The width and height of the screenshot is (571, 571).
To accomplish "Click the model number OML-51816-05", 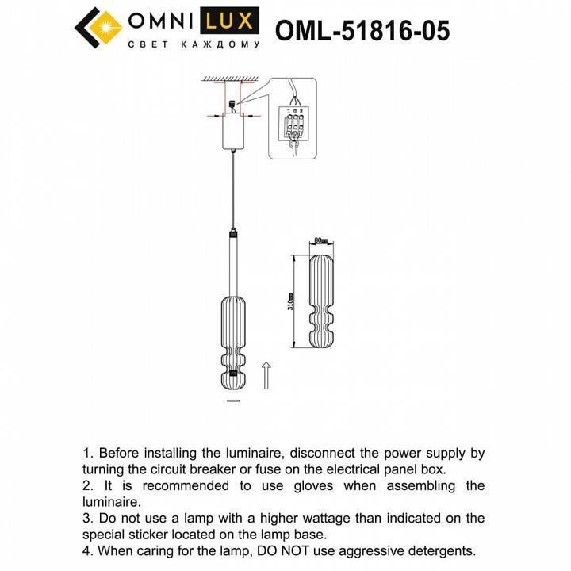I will (x=362, y=31).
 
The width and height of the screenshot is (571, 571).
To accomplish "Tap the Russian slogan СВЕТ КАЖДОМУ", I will (x=194, y=45).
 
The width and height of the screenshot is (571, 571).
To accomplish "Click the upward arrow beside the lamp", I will (x=267, y=375).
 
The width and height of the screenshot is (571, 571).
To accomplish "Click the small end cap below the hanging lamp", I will (x=232, y=401).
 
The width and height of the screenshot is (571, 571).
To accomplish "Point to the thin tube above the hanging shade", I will (x=232, y=262).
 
